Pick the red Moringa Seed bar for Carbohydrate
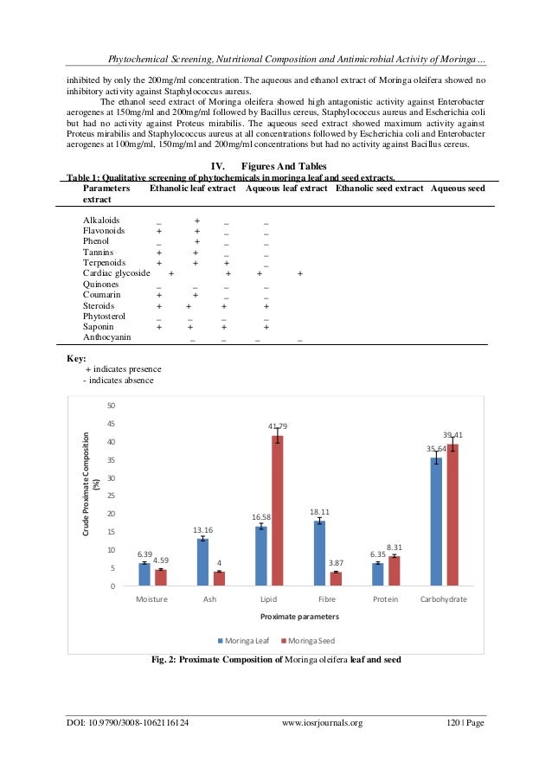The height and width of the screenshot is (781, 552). point(453,515)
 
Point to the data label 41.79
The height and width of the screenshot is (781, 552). point(278,426)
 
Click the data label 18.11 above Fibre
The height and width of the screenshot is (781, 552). point(319,512)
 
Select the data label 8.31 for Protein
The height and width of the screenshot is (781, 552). point(395,547)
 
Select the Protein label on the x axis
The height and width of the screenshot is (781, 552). point(386,599)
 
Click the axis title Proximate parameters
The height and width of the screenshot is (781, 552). point(298,617)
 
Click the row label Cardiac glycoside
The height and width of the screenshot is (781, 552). point(116,272)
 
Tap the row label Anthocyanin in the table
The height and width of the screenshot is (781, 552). point(107,337)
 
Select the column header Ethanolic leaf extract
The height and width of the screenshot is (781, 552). point(193,188)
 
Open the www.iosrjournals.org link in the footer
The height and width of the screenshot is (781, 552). point(323,724)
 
